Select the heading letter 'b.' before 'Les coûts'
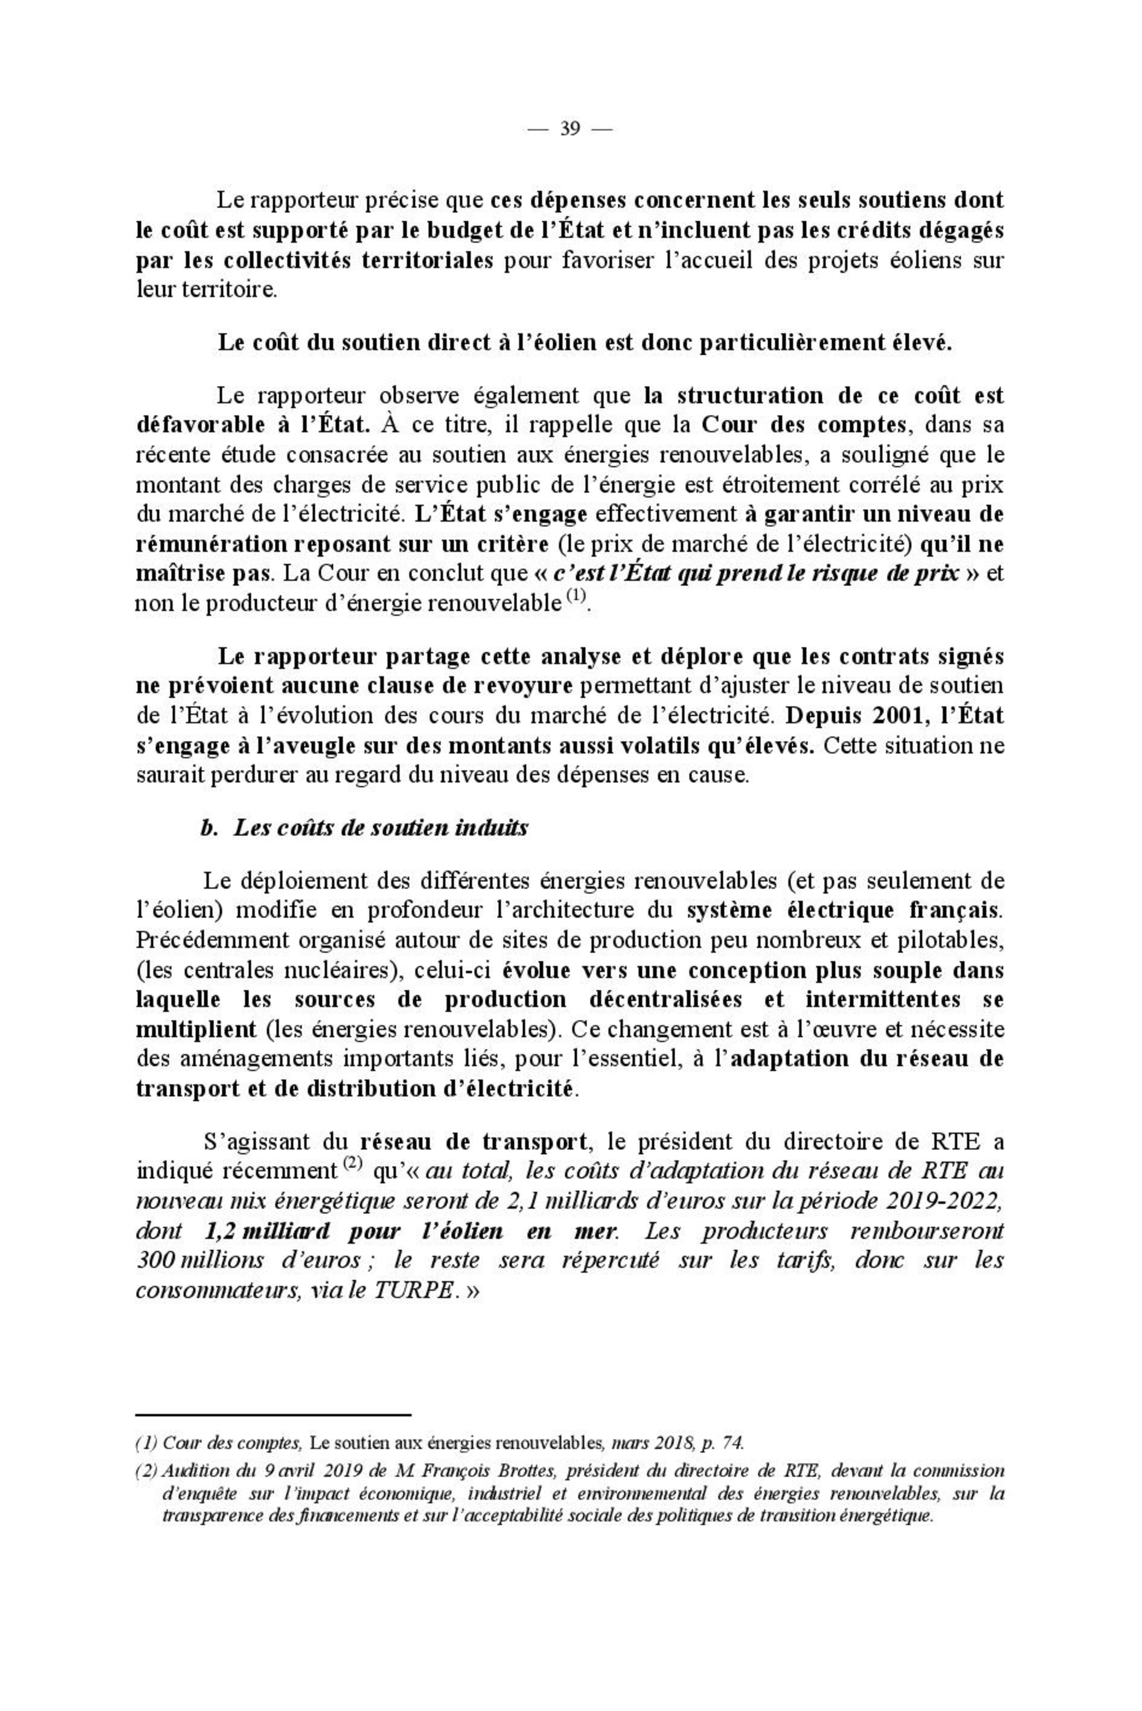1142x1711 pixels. (x=209, y=828)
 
